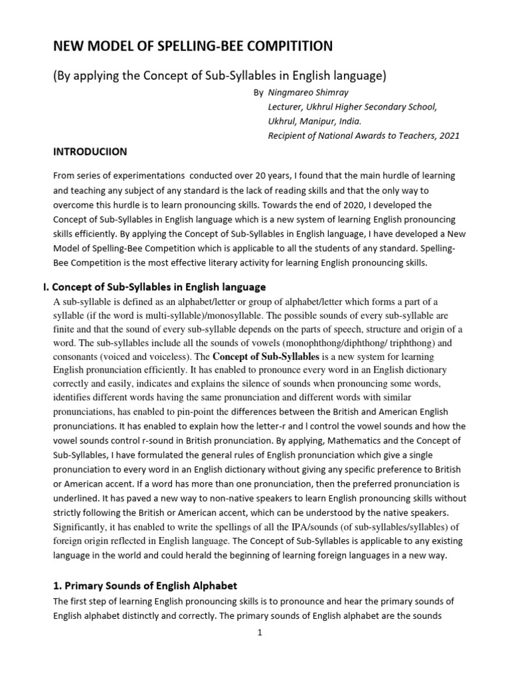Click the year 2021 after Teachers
click(448, 135)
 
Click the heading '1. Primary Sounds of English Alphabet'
click(145, 586)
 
